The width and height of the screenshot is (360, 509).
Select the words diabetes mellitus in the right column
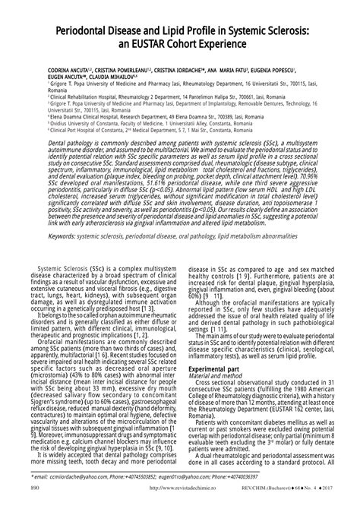click(x=283, y=430)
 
